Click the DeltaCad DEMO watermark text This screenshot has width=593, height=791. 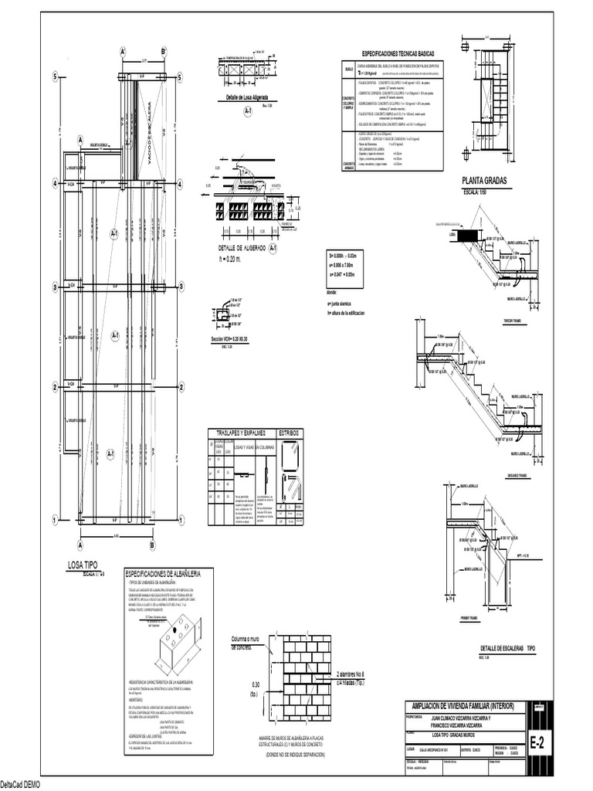click(20, 785)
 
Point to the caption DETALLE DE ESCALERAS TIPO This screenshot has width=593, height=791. click(507, 648)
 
